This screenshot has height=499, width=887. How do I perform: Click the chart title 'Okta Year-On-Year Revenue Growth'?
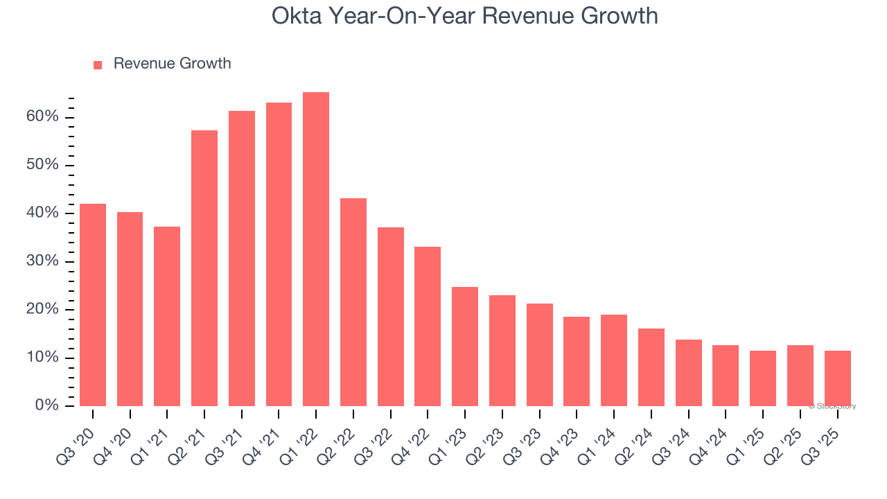464,15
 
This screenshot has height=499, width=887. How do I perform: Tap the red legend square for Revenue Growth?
98,64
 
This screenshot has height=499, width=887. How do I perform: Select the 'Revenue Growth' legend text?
172,64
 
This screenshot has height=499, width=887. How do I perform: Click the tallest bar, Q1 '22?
316,249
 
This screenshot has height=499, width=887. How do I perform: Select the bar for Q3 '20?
93,305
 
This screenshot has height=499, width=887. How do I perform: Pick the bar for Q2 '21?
204,268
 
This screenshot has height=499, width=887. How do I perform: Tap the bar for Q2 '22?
353,302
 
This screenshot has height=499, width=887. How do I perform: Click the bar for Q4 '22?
428,326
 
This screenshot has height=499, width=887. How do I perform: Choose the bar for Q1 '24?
614,360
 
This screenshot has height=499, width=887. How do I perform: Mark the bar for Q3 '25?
837,378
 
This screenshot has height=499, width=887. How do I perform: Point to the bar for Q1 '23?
465,347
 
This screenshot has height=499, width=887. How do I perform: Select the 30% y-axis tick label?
42,261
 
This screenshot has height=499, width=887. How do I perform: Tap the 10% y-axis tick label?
42,358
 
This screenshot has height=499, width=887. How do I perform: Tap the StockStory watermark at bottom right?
832,406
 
